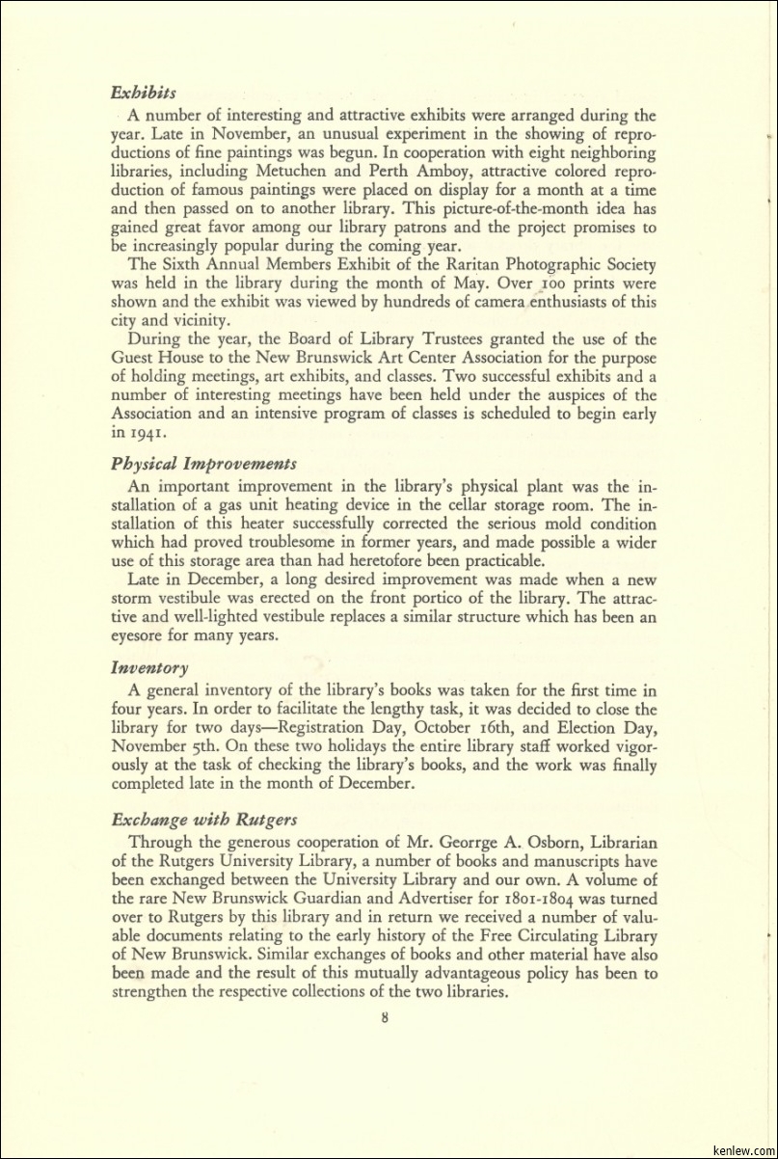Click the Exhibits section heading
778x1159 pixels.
coord(144,94)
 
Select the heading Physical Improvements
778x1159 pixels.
coord(203,464)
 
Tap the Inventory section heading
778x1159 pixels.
coord(149,667)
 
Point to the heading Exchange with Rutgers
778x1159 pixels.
coord(204,820)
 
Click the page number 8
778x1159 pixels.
coord(385,1016)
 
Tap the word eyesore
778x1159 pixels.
coord(143,636)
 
